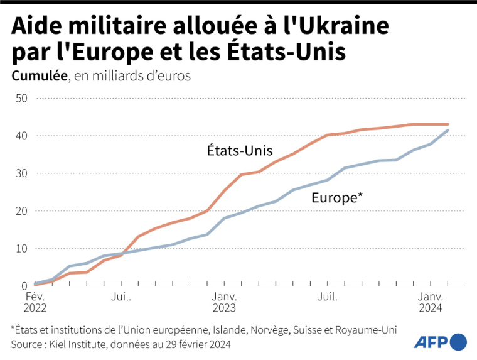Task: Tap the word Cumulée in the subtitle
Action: click(39, 76)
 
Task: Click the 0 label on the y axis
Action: click(24, 286)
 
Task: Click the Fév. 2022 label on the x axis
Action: click(35, 302)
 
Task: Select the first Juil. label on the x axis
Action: click(121, 296)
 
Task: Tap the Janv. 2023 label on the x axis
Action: click(224, 302)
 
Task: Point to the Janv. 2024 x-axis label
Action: click(430, 302)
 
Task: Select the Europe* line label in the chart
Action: click(337, 199)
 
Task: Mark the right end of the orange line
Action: click(448, 124)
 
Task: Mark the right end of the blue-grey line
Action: click(448, 131)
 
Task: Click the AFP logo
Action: click(440, 342)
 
